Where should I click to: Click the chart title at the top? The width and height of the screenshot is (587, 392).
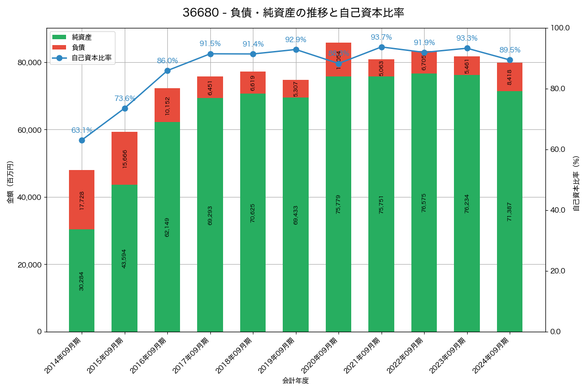(x=293, y=13)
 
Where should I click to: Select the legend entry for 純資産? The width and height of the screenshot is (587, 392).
(x=81, y=37)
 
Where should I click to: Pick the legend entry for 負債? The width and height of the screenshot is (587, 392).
(x=78, y=48)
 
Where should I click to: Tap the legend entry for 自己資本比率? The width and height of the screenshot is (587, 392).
(x=91, y=58)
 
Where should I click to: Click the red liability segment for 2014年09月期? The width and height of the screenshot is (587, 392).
(x=82, y=199)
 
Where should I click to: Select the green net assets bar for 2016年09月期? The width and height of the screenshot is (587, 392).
(x=167, y=227)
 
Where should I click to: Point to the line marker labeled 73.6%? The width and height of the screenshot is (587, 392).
(x=125, y=108)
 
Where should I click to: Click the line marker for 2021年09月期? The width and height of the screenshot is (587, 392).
(x=382, y=47)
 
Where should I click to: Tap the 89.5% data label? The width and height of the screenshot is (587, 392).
(x=510, y=50)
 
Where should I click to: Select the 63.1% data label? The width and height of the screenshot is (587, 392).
(x=82, y=130)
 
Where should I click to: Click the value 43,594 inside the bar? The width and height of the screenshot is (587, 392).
(x=124, y=258)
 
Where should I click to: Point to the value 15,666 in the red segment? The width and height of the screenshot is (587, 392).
(x=124, y=159)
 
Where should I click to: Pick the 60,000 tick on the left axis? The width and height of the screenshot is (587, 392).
(x=28, y=130)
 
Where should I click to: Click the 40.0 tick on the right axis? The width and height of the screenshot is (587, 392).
(x=557, y=210)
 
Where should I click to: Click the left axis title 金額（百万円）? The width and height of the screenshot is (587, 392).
(x=10, y=182)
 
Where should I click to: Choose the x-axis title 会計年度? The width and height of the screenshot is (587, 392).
(x=295, y=381)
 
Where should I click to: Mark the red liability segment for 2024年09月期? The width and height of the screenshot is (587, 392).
(x=510, y=77)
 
